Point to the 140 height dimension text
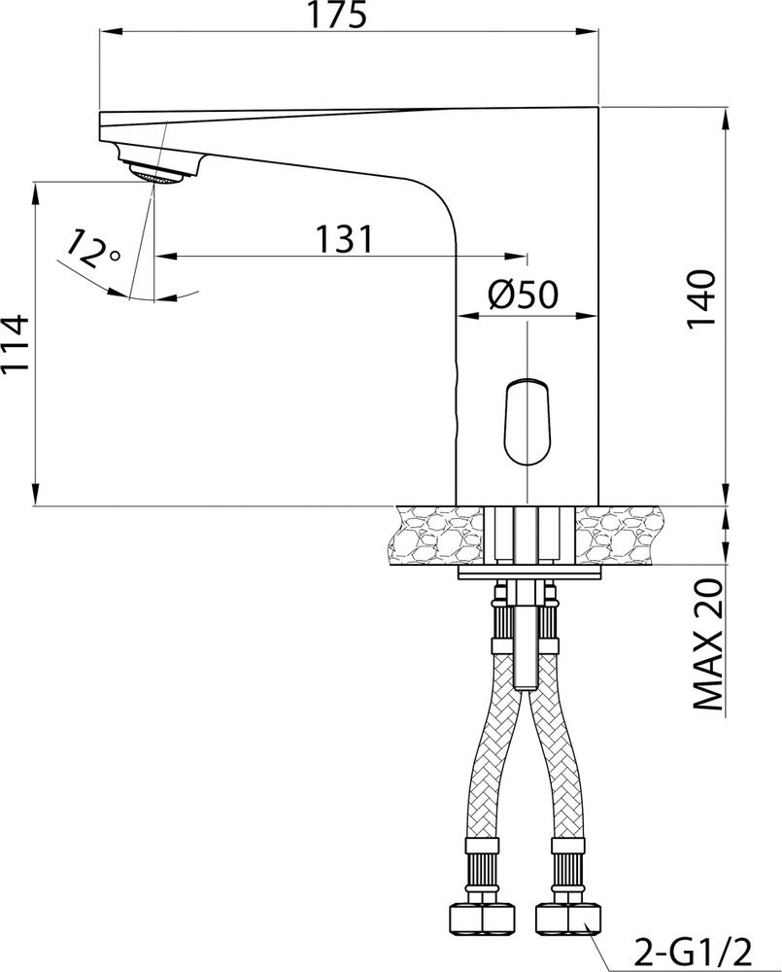701,299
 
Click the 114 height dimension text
15,343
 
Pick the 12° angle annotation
91,249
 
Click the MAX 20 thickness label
707,646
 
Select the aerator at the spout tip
156,172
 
